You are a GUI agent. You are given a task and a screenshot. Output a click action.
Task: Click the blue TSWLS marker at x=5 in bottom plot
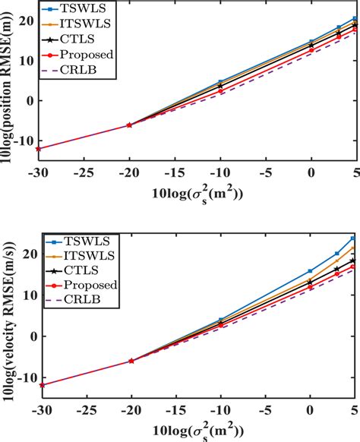click(354, 238)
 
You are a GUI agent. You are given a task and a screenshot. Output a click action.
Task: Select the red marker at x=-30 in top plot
click(39, 149)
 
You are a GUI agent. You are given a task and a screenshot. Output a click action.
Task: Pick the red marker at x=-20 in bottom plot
click(131, 361)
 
